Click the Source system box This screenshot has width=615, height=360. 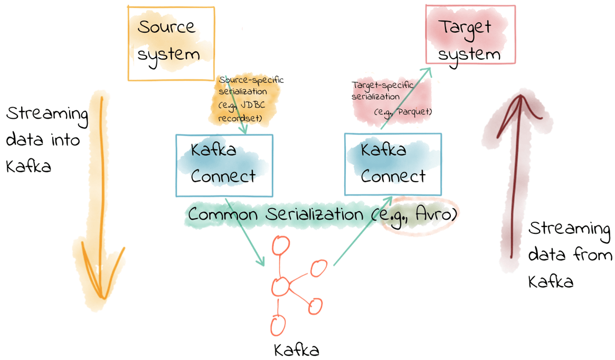point(171,43)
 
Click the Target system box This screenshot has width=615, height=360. point(470,35)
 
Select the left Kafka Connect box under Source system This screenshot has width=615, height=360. point(224,165)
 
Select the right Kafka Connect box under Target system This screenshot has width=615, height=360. point(393,164)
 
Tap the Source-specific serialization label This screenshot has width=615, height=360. point(250,86)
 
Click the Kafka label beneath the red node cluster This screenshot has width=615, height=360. point(296,349)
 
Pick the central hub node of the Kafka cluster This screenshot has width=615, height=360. point(280,287)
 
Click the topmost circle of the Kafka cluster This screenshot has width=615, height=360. point(281,245)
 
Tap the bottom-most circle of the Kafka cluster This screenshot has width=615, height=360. point(278,325)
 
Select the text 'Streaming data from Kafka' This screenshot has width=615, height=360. point(569,255)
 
